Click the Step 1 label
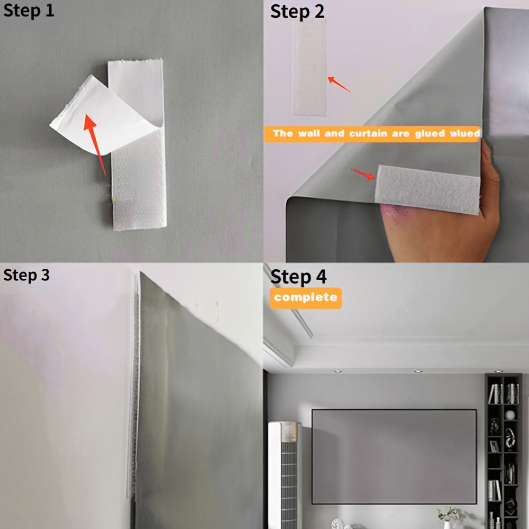coord(29,11)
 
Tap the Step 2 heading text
coord(297,12)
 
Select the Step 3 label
coord(26,275)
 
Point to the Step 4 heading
coord(298,276)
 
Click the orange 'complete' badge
coord(306,298)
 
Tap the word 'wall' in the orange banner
coord(309,134)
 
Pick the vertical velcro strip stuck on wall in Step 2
coord(309,69)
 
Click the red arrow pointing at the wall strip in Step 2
coord(339,84)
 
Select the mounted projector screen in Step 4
coord(394,456)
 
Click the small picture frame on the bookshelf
coord(494,445)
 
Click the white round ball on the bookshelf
coord(510,415)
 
